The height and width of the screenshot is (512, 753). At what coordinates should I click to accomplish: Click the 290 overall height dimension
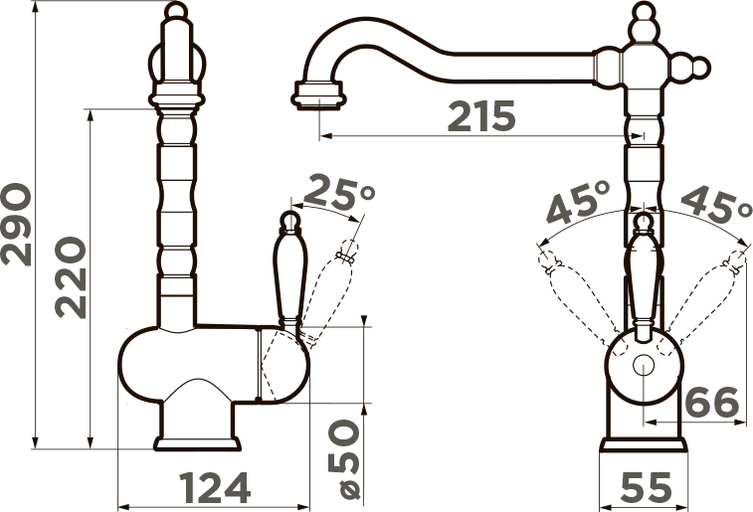pos(16,224)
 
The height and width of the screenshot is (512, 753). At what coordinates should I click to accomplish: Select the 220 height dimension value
pos(71,277)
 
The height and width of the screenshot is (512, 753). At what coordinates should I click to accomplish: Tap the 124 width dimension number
pos(215,487)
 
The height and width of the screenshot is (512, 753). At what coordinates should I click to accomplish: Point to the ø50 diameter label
pos(343,458)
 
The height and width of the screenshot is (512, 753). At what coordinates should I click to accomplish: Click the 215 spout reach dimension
pos(481,116)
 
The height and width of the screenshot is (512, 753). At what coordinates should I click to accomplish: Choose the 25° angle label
pos(339,192)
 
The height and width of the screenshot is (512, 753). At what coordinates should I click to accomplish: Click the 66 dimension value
pos(711,402)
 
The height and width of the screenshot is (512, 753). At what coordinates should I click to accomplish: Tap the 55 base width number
pos(646,487)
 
